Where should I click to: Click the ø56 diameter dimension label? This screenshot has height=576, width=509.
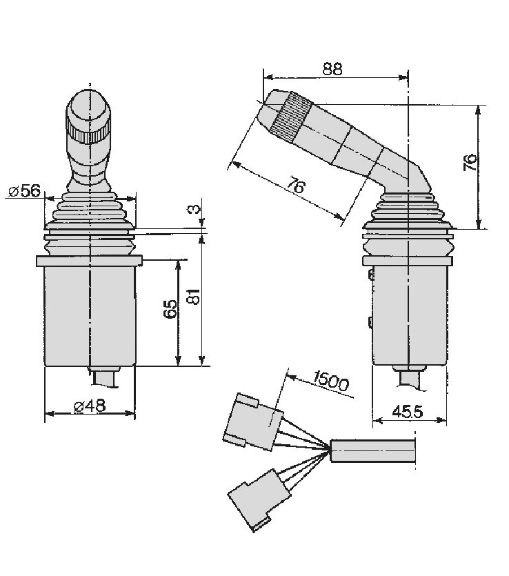tap(25, 190)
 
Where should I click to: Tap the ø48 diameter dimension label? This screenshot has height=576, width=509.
tap(90, 406)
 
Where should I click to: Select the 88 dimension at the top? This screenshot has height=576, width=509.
tap(332, 69)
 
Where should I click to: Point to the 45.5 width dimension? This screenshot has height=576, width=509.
tap(408, 412)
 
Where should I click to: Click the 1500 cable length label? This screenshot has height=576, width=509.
tap(330, 380)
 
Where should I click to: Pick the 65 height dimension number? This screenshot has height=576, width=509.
tap(171, 308)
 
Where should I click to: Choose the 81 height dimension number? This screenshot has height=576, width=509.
tap(194, 297)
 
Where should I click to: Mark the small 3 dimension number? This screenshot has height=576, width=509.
tap(196, 209)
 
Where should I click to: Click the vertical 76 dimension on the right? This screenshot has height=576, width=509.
tap(470, 163)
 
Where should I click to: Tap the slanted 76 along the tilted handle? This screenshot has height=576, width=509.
tap(296, 185)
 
